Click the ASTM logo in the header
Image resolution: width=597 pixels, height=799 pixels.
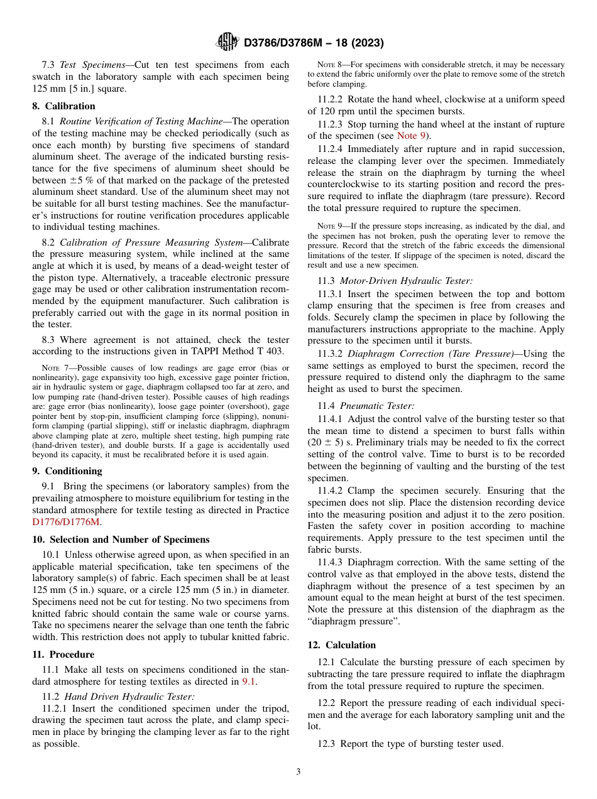(227, 42)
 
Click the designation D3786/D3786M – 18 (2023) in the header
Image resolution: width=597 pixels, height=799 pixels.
(313, 43)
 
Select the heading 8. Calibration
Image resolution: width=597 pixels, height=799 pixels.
(63, 106)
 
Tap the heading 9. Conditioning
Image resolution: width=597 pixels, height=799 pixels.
(67, 471)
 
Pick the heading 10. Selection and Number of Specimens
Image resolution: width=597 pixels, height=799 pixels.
(121, 540)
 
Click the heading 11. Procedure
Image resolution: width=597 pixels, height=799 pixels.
(63, 655)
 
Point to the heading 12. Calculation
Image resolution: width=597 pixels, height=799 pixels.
(341, 645)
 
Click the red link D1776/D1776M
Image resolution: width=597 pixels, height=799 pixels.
(66, 521)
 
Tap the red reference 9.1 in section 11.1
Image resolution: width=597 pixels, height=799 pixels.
(249, 682)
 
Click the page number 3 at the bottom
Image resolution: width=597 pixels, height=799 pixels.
(298, 771)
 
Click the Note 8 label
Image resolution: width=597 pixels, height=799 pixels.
(329, 65)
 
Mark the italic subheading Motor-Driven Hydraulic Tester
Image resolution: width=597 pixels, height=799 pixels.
(406, 282)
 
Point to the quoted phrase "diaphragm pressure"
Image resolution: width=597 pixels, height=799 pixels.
(353, 621)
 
